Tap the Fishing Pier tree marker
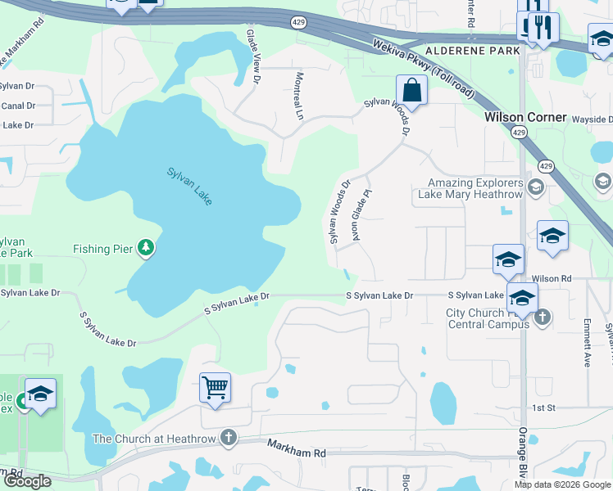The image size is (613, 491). (x=146, y=247)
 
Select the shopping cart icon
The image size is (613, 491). (x=215, y=388)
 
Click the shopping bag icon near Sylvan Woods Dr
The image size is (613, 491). (x=411, y=91)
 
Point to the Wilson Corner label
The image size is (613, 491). (x=525, y=117)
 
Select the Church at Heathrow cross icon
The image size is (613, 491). (x=228, y=439)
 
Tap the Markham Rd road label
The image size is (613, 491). (x=297, y=448)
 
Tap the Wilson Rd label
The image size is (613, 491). (x=551, y=278)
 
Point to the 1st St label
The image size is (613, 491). (x=544, y=408)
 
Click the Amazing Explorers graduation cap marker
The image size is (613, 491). (x=535, y=187)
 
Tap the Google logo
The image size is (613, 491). (x=27, y=481)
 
